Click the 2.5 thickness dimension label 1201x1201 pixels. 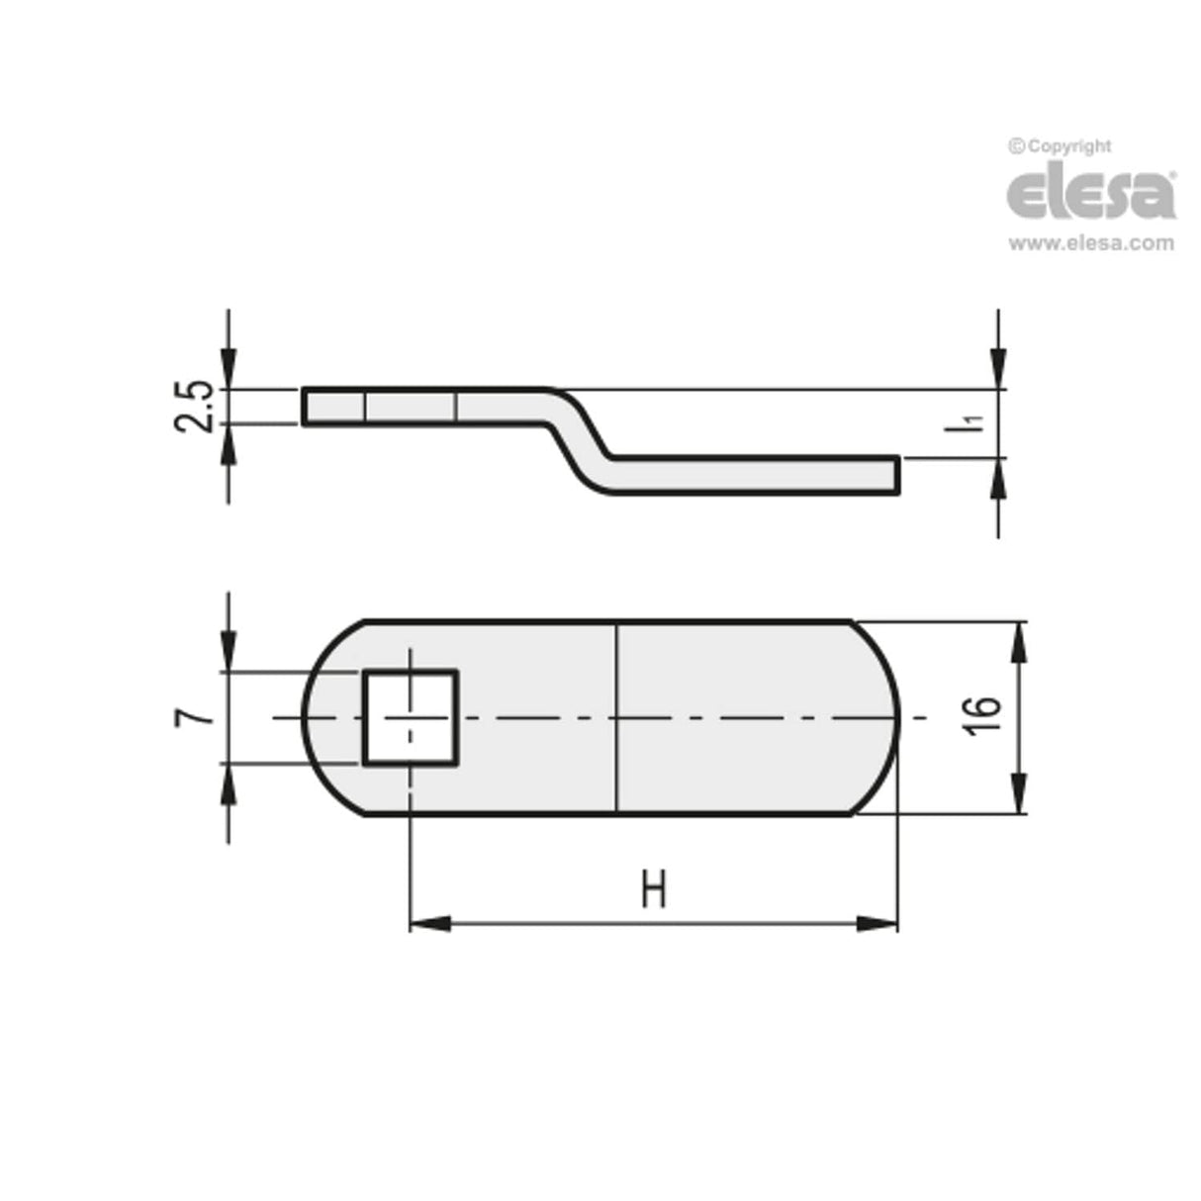tap(195, 406)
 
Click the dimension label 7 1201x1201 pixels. tap(195, 716)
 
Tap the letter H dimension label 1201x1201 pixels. tap(653, 889)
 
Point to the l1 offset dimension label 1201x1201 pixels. tap(973, 424)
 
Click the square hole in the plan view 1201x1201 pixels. tap(410, 717)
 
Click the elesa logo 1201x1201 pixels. tap(1091, 194)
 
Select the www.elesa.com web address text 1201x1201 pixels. tap(1091, 242)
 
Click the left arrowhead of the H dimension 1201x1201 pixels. tap(429, 924)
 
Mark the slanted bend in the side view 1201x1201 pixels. tap(580, 440)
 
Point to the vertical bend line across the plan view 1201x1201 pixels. tap(616, 717)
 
